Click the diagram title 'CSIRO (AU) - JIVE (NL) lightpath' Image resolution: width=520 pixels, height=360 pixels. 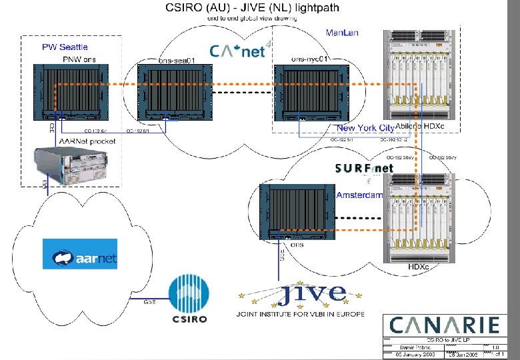click(252, 8)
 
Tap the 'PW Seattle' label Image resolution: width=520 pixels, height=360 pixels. click(65, 47)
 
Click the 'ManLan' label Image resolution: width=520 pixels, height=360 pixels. click(340, 32)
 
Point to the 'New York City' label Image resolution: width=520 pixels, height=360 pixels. click(365, 127)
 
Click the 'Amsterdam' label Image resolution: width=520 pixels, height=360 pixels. click(359, 195)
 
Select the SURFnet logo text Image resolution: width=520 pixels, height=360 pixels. click(364, 169)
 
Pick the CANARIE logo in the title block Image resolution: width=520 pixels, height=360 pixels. click(444, 325)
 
